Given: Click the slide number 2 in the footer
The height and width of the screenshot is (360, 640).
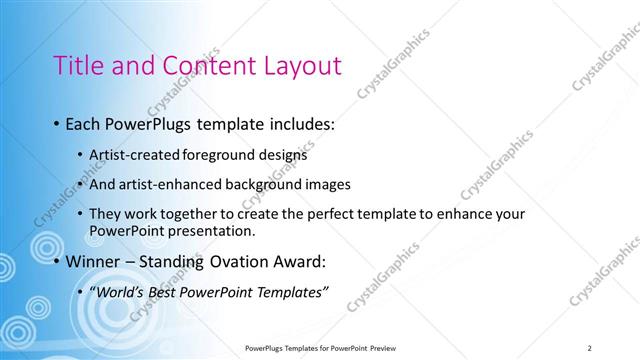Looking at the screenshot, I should (590, 347).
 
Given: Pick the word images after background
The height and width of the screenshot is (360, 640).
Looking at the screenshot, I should (327, 185).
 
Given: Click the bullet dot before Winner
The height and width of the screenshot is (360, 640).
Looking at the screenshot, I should (56, 262).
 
